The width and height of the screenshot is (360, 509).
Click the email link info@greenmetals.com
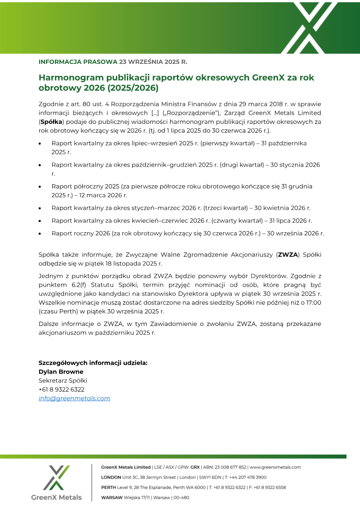[x=74, y=398]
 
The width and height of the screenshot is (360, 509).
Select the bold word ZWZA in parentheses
[x=288, y=255]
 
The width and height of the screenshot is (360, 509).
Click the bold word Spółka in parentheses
[x=51, y=122]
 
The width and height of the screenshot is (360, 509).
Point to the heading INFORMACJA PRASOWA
[x=77, y=61]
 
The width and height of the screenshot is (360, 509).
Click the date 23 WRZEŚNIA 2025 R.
[x=153, y=61]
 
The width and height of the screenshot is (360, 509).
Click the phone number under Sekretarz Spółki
[x=61, y=389]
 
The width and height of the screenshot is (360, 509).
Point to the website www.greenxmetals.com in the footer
[x=275, y=467]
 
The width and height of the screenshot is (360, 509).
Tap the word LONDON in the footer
[x=111, y=477]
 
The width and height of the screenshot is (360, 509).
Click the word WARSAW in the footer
[x=112, y=497]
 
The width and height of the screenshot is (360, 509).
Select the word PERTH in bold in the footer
[x=109, y=487]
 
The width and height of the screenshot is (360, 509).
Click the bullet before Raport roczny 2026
[x=40, y=234]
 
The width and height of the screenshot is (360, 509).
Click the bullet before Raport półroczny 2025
[x=40, y=186]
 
